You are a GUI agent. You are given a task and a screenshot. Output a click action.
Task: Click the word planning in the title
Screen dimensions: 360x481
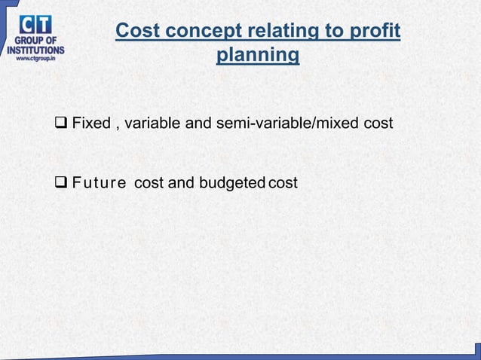coord(257,56)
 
